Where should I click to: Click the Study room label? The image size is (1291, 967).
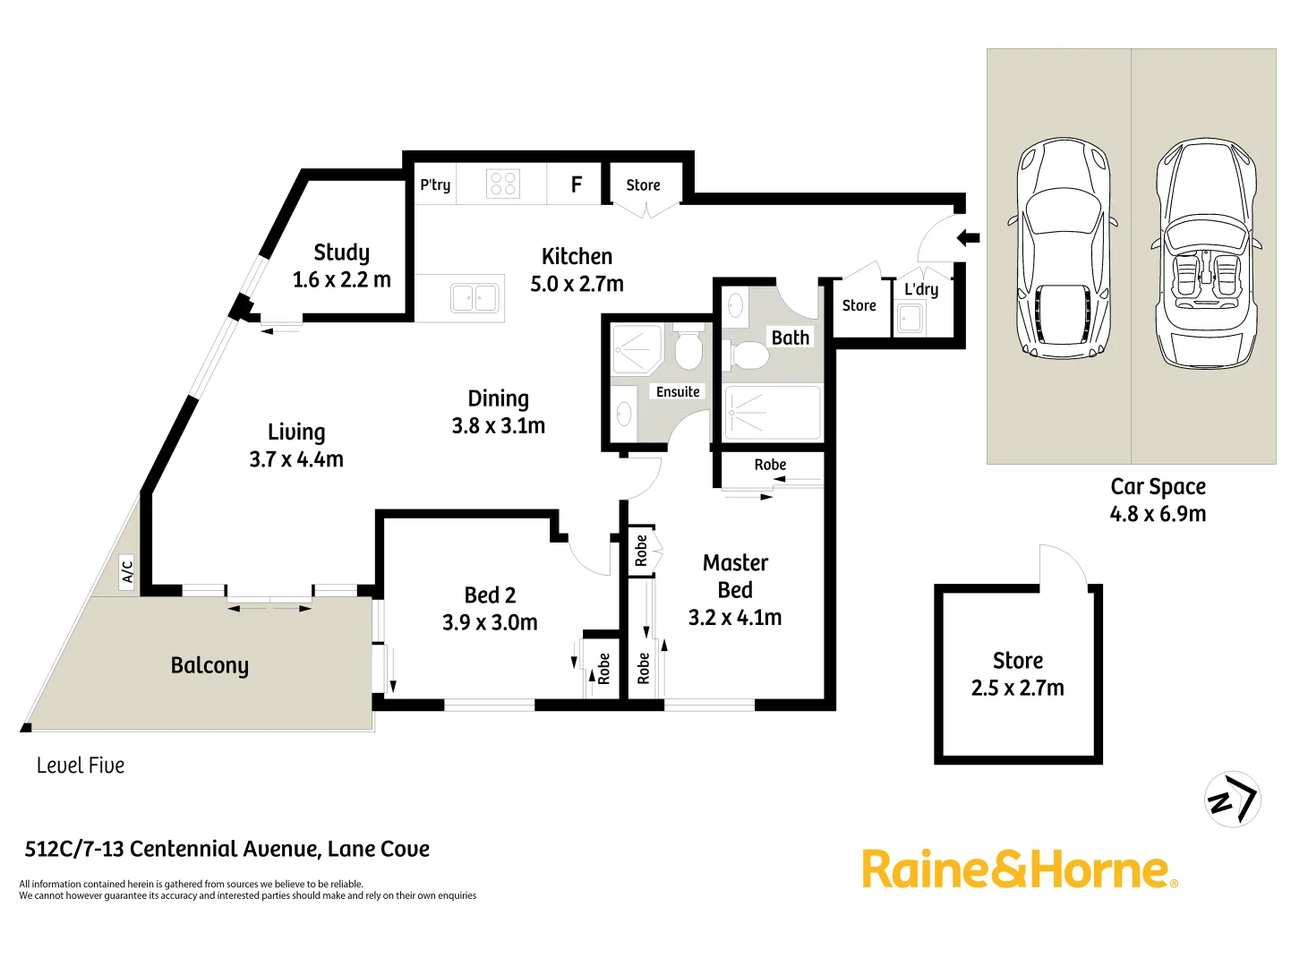341,252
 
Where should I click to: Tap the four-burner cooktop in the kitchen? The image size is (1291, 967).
503,184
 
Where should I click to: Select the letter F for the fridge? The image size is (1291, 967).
577,184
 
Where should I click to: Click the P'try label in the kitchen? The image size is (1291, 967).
435,184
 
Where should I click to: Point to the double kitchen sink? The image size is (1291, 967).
475,297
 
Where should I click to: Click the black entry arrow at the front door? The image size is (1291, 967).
968,238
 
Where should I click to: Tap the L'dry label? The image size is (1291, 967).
921,289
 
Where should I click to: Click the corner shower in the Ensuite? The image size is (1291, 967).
636,349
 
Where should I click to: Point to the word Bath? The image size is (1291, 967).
791,338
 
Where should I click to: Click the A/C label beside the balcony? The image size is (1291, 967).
127,570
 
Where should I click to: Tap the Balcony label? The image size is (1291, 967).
209,665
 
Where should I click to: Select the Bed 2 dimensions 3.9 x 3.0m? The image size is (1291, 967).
490,622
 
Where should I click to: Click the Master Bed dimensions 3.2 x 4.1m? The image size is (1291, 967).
735,618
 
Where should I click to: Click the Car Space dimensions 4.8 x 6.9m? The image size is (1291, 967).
1158,514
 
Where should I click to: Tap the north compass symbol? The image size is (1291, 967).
1233,799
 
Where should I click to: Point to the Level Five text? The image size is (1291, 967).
81,766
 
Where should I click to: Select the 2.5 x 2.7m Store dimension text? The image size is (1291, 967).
1018,689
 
